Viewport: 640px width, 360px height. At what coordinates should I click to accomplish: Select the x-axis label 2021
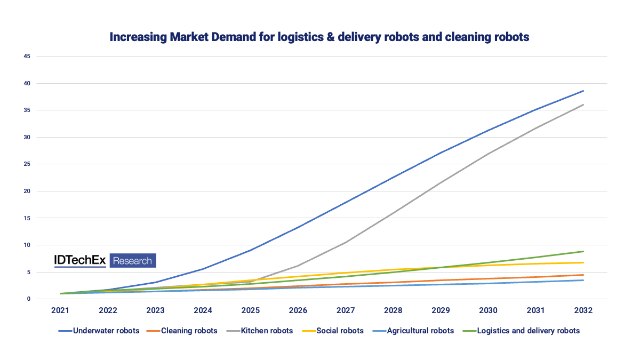click(61, 310)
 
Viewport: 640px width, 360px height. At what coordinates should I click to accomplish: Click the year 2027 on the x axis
click(346, 310)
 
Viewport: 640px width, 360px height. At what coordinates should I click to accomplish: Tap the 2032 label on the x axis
click(583, 310)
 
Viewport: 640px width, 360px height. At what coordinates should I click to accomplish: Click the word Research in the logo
click(133, 261)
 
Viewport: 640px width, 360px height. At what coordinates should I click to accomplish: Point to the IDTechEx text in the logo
click(80, 260)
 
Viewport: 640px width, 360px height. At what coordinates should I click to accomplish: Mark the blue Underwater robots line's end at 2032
click(583, 91)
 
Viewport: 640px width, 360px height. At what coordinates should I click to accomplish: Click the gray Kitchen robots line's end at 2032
click(583, 105)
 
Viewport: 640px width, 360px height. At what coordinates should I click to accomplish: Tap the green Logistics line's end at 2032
click(583, 251)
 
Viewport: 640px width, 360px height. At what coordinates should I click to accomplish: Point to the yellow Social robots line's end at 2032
click(583, 262)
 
